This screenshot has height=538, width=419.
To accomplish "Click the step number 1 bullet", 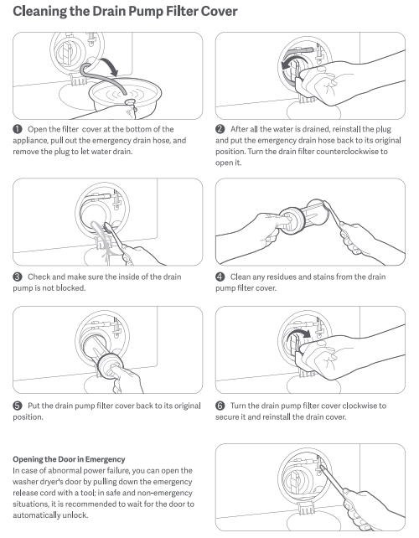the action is (x=17, y=129).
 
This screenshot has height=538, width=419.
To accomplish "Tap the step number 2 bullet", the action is (x=220, y=129).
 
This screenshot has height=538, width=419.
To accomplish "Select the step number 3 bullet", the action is (x=17, y=277).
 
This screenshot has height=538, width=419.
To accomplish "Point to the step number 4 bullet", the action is (x=220, y=277).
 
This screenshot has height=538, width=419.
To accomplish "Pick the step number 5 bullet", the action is (x=17, y=406).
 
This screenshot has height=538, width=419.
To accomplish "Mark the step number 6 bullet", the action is (x=220, y=406).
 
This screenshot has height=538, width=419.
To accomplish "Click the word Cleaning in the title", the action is (x=39, y=12).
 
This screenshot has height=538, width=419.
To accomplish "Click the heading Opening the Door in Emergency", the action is (x=69, y=459).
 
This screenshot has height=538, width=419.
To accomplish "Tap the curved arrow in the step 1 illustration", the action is (x=111, y=65).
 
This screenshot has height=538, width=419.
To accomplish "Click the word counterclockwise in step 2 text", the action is (x=347, y=152).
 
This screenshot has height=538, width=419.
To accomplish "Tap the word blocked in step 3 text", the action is (x=70, y=287).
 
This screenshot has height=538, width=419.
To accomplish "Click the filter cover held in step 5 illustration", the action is (x=110, y=366).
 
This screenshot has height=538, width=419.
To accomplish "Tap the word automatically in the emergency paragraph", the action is (x=37, y=515).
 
